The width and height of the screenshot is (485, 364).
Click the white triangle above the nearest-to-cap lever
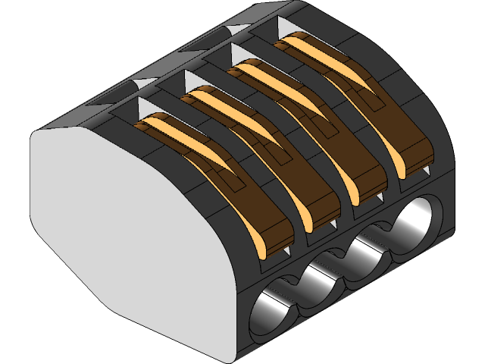pyautogui.click(x=147, y=105)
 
